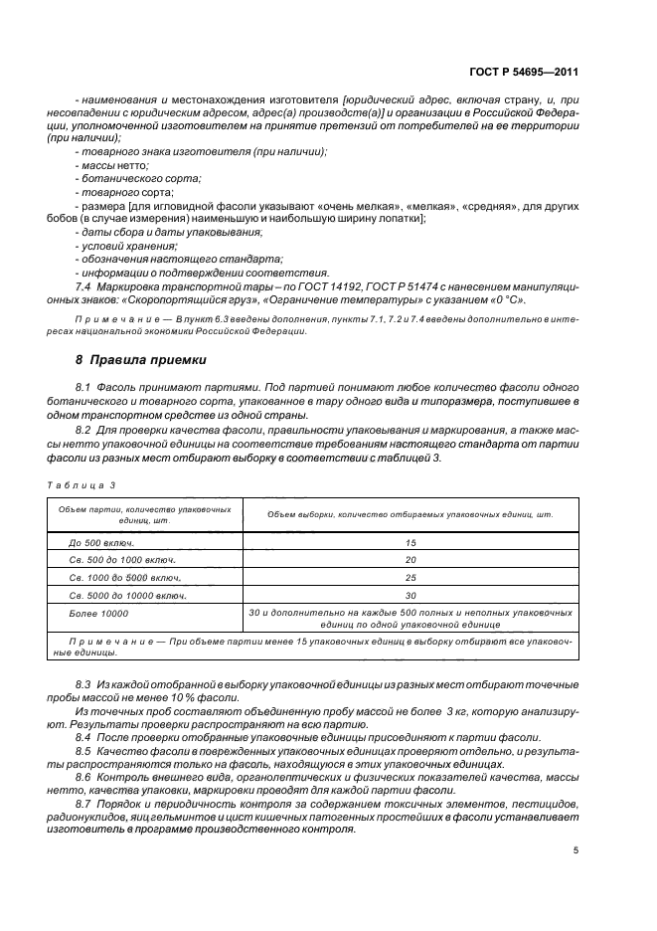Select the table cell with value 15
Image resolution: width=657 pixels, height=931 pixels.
[410, 543]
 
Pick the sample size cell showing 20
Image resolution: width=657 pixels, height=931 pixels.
[410, 560]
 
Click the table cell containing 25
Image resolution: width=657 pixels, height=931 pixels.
[410, 577]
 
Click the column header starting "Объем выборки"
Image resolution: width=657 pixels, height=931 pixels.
[410, 514]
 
